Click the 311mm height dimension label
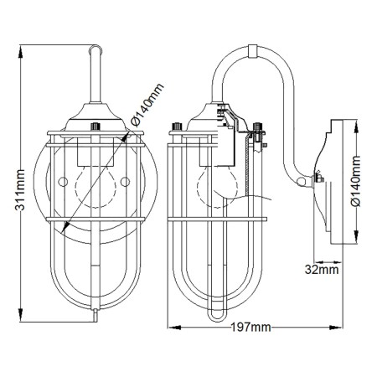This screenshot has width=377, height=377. [20, 189]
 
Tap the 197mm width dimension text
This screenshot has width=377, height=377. [250, 328]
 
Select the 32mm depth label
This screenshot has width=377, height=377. [322, 270]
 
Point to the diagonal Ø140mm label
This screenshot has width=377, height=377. [147, 105]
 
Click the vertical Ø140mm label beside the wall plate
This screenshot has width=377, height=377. [356, 181]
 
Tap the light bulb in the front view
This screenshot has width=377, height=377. [96, 187]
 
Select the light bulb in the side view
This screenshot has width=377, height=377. [217, 187]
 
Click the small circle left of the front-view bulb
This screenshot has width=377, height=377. [63, 182]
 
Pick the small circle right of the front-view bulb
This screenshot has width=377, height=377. [125, 182]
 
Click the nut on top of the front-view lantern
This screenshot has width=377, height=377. [96, 127]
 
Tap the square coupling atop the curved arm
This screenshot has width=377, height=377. [253, 51]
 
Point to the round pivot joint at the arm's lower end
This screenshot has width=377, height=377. [302, 182]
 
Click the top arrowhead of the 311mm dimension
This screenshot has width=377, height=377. [20, 52]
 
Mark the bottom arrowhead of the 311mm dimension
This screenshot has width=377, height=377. [20, 315]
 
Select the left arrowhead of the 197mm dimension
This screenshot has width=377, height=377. [174, 327]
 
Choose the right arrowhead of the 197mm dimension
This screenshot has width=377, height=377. [336, 327]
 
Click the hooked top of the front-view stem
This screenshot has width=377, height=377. [96, 48]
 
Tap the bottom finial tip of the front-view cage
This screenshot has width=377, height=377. [96, 316]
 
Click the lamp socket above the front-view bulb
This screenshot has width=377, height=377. [96, 152]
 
